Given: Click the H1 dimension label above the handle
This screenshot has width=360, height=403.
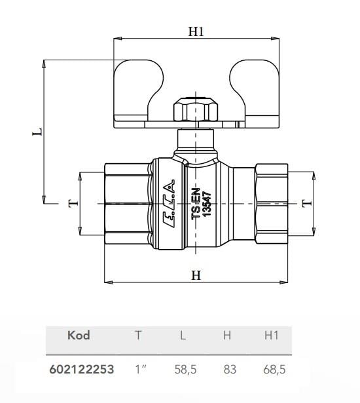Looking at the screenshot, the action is pyautogui.click(x=196, y=31).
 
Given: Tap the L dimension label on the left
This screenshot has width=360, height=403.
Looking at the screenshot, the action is pyautogui.click(x=37, y=132).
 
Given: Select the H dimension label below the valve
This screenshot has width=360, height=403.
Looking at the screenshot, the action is pyautogui.click(x=196, y=275).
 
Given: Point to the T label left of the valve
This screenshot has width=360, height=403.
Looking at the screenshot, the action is pyautogui.click(x=73, y=203).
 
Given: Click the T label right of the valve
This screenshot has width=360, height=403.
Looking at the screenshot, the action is pyautogui.click(x=306, y=203).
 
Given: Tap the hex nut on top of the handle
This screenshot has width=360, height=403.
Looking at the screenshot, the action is pyautogui.click(x=196, y=109).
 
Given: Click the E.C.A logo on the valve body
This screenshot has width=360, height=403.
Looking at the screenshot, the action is pyautogui.click(x=170, y=204).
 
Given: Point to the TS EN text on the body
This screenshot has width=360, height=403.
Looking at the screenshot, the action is pyautogui.click(x=196, y=204).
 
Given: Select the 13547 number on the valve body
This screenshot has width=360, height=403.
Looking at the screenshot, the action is pyautogui.click(x=206, y=204).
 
